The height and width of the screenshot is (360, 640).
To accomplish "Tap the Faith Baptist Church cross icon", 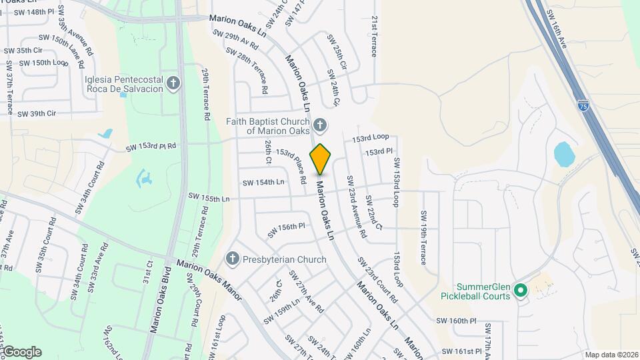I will pos(320,125).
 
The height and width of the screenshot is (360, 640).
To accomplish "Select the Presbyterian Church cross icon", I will pos(232,259).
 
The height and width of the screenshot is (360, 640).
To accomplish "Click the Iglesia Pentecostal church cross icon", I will pos(173,83).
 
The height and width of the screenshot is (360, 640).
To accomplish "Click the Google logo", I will pos(21,352).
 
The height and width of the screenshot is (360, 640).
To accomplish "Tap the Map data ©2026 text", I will pos(611,355).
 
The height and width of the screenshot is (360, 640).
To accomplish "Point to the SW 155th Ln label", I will pos(209,197).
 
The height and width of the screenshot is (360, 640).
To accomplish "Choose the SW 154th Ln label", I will pos(263,182).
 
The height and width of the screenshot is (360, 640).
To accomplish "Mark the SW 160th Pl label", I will pos(457,321).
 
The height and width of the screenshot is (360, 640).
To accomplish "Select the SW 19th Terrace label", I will pos(423,238).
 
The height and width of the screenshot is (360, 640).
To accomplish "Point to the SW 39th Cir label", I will pos(37,114).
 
